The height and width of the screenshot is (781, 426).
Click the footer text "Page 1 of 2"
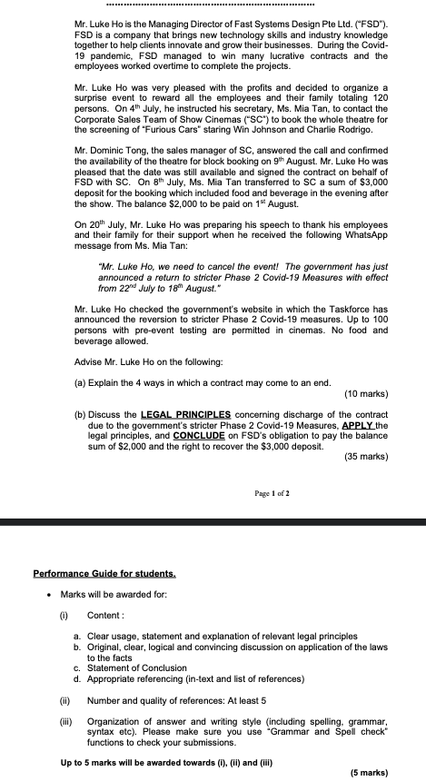(x=272, y=493)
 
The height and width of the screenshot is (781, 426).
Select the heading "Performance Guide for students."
(x=104, y=574)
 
